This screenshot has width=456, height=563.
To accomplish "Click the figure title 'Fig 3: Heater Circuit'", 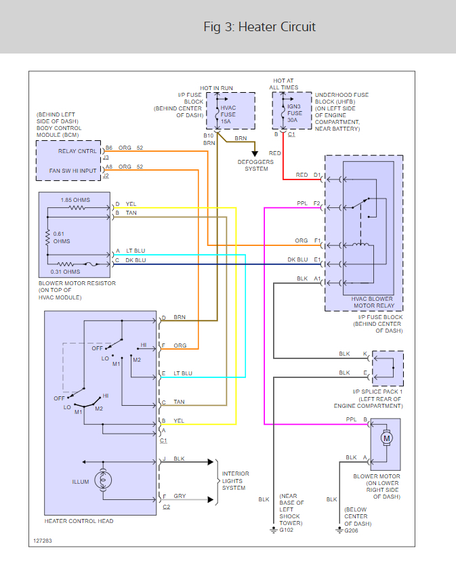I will [260, 27].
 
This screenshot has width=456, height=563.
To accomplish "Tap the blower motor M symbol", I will [387, 438].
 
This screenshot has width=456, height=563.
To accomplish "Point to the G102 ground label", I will [287, 530].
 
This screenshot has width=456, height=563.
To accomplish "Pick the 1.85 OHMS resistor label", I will [75, 200].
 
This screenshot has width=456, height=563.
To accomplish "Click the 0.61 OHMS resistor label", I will [61, 237].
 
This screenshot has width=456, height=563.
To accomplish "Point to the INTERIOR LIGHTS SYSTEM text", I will [236, 480].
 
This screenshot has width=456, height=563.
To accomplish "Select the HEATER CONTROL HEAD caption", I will [79, 521].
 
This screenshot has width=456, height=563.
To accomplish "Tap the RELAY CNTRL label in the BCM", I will [77, 151].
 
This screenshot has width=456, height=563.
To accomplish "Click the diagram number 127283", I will [42, 542].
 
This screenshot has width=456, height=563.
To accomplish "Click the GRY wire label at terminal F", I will [180, 497].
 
